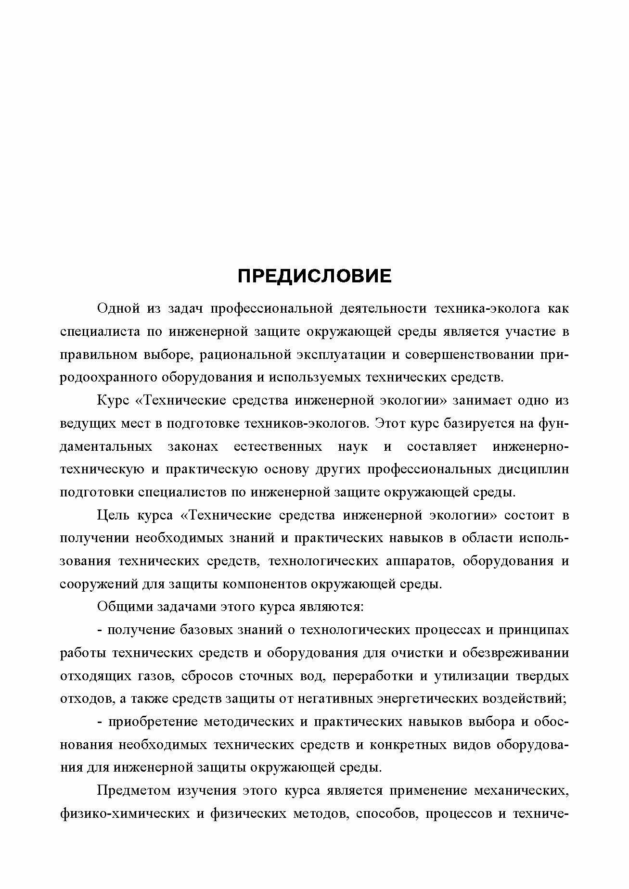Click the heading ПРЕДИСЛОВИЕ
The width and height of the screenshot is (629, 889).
click(315, 276)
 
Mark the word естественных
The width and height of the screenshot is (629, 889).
click(278, 446)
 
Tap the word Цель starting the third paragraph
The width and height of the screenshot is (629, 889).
click(113, 515)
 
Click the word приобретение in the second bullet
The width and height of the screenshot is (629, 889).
click(153, 722)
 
